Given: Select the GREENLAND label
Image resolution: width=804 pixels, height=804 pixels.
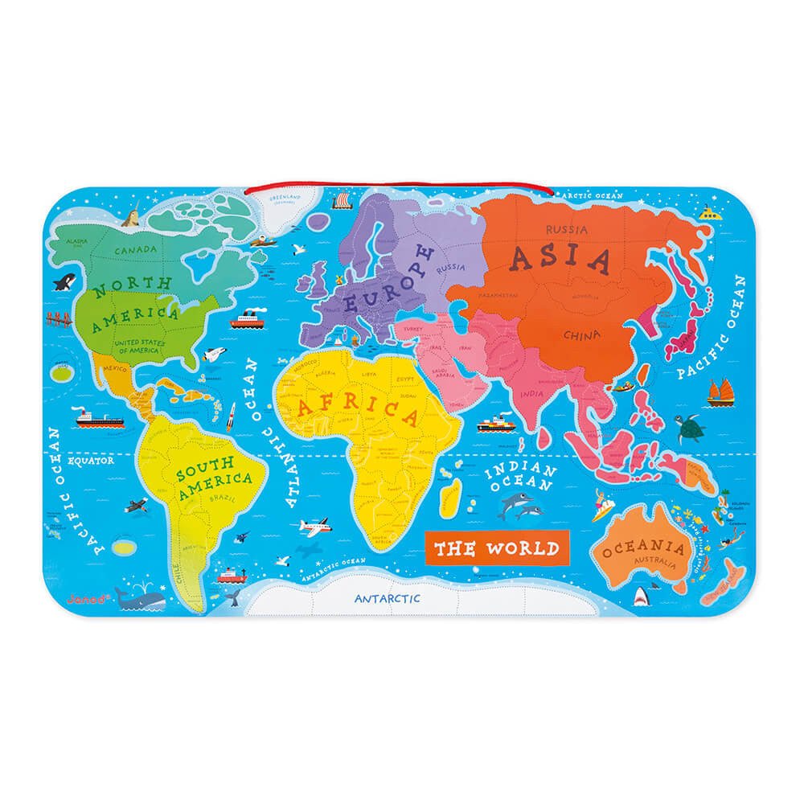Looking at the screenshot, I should (283, 197).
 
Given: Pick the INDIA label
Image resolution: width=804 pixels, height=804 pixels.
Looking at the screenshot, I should (531, 394).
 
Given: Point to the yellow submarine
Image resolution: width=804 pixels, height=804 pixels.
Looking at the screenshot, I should (708, 213).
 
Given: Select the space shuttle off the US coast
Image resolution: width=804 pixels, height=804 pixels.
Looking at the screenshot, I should (214, 355).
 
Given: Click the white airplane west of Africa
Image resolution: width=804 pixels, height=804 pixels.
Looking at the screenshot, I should (317, 527).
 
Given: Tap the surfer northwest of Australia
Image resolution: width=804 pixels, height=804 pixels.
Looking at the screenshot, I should (602, 508).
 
